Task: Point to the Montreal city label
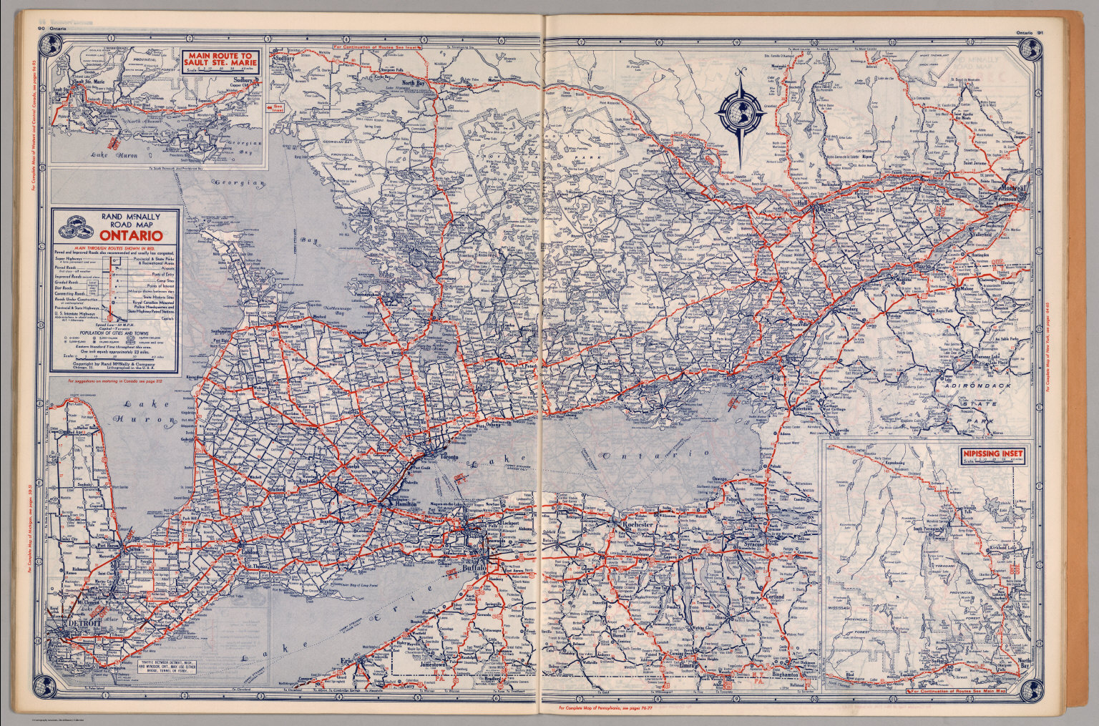click(1010, 188)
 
